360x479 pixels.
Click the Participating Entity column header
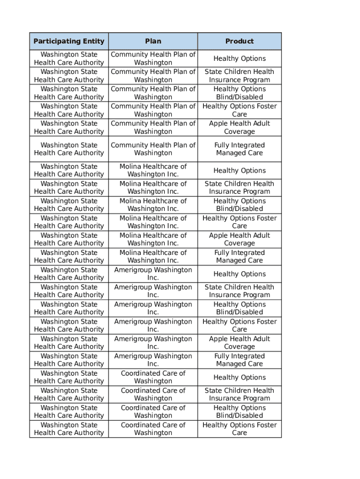click(x=69, y=41)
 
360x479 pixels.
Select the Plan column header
click(x=153, y=41)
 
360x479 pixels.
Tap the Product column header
click(x=239, y=41)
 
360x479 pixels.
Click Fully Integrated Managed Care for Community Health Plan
click(x=239, y=149)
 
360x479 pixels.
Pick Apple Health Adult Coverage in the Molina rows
click(x=239, y=239)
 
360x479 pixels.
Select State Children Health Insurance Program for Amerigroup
click(x=239, y=291)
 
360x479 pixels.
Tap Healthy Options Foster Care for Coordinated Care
click(x=239, y=428)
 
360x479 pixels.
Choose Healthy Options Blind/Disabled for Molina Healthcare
click(x=239, y=205)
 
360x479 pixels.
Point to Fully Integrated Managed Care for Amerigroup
click(x=239, y=360)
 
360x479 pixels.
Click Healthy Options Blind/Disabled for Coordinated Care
click(x=239, y=412)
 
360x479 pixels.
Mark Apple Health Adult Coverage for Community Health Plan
click(x=239, y=127)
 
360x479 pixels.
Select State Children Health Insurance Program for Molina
click(x=239, y=188)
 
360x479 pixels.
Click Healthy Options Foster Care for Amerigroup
click(x=239, y=325)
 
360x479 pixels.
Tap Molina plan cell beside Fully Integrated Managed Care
click(x=153, y=256)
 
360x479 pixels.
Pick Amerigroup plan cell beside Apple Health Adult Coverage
click(x=153, y=342)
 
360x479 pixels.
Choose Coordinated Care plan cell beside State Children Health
click(x=153, y=394)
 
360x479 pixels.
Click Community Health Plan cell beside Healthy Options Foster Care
click(x=153, y=110)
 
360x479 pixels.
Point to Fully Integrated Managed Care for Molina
click(x=239, y=256)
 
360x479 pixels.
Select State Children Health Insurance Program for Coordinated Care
click(x=239, y=394)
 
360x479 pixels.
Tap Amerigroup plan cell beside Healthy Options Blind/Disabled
click(x=153, y=308)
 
